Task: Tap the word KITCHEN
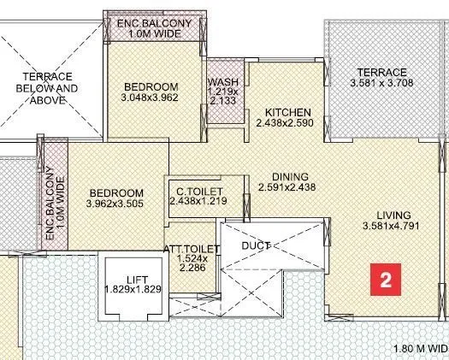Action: [x=287, y=113]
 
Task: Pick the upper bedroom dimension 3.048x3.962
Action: [x=151, y=99]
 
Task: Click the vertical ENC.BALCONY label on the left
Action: [x=50, y=202]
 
